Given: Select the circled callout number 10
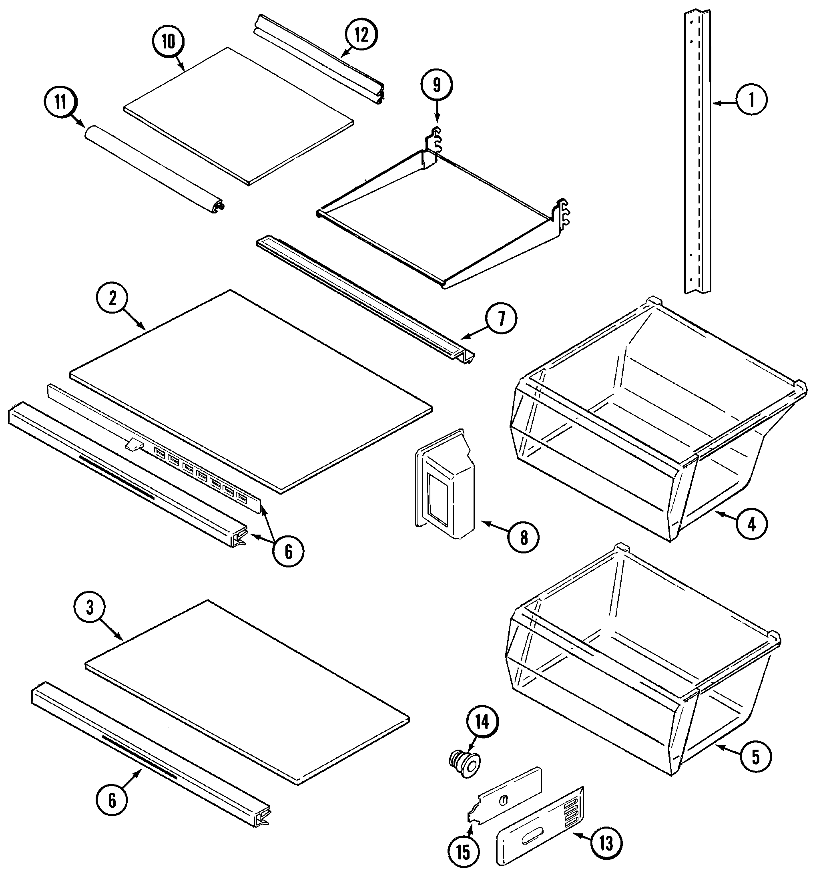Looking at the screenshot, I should coord(169,42).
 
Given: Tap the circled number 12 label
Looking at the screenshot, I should coord(361,35).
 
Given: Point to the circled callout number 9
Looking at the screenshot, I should coord(436,86).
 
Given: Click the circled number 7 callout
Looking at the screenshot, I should coord(501,319).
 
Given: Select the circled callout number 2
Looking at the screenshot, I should coord(113,298).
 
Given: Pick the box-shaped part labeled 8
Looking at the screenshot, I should coord(445,485).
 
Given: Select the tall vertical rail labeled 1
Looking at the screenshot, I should coord(698,154).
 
